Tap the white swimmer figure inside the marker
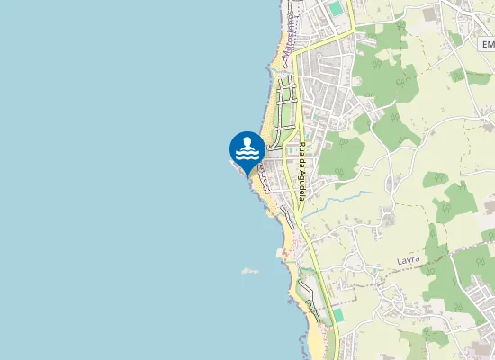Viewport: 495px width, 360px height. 247,143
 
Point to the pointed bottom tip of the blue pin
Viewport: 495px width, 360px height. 247,175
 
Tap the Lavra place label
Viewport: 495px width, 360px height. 409,261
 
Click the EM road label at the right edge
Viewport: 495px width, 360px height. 488,44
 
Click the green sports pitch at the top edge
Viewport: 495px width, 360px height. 336,8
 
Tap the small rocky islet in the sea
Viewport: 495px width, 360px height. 249,270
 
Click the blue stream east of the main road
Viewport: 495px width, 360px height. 337,209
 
